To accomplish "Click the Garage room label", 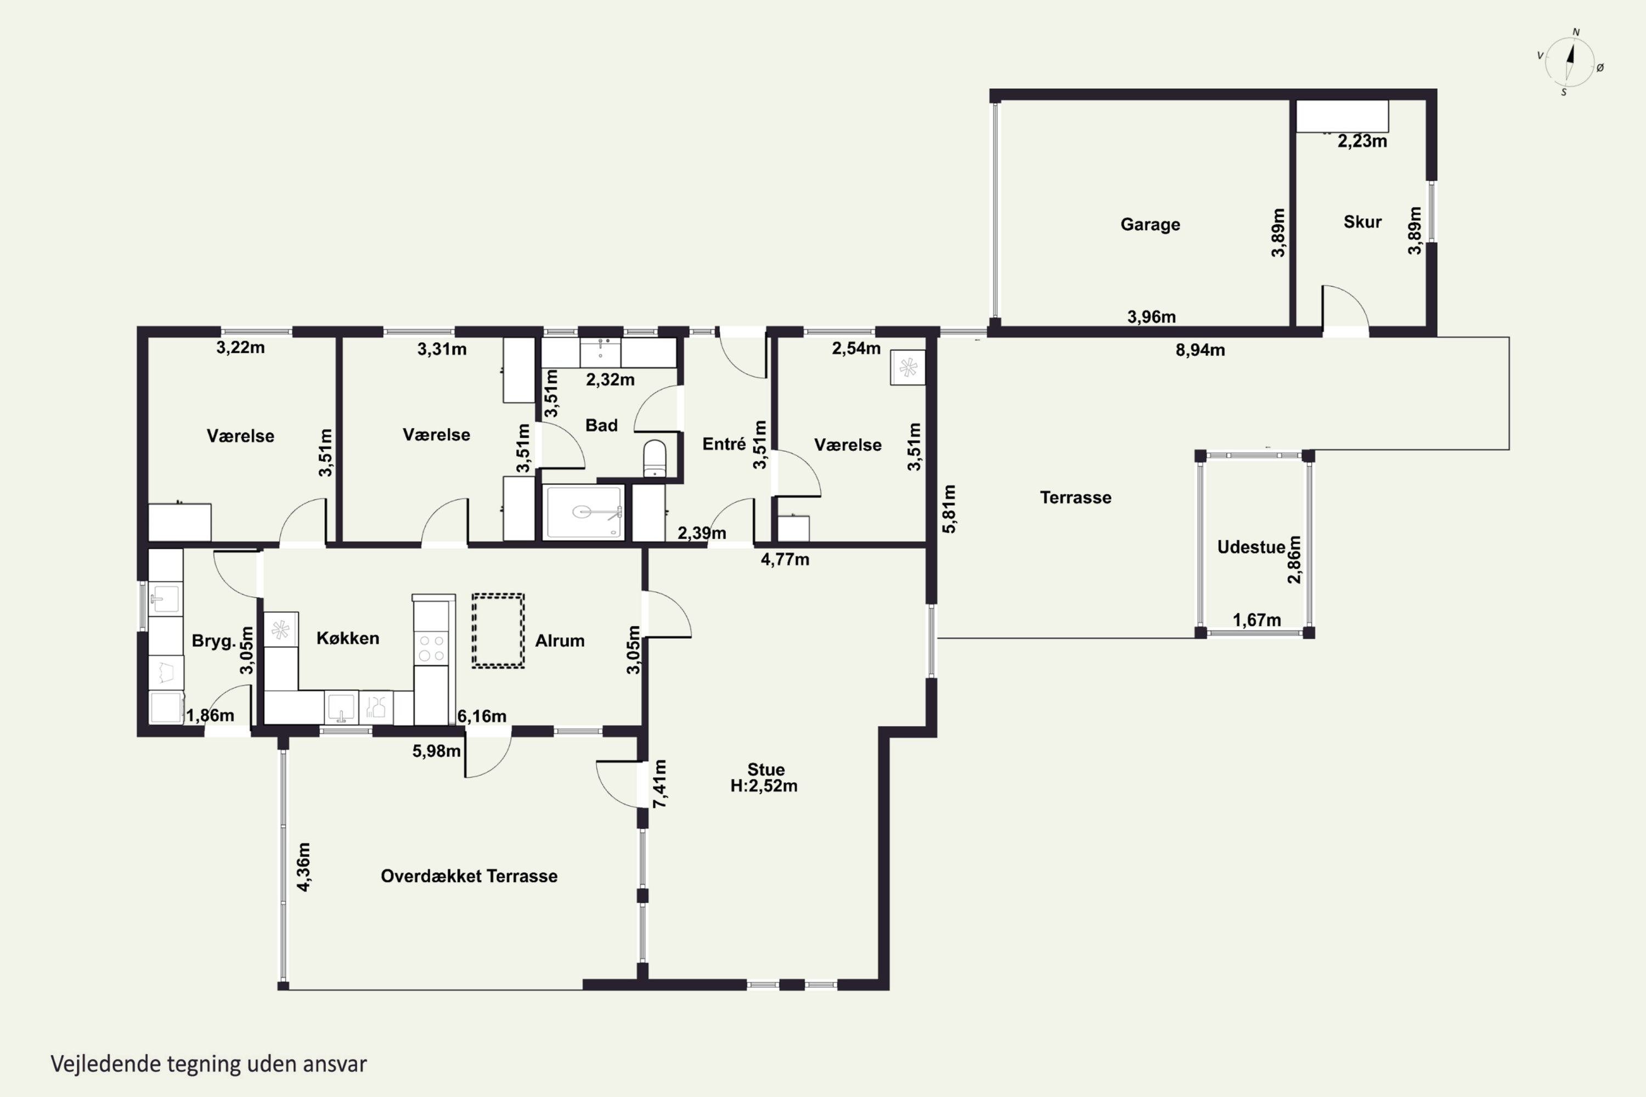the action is click(1150, 224).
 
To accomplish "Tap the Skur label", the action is click(1362, 222).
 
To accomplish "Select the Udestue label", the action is click(1250, 547).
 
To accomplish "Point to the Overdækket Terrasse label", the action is click(469, 876).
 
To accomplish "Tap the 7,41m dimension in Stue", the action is click(659, 784).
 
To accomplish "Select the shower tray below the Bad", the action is click(584, 513).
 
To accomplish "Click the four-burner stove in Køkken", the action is click(431, 647).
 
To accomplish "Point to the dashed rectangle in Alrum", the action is click(498, 631).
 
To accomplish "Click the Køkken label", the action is click(348, 638).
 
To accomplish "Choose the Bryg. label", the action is click(213, 641).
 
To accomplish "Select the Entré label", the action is click(724, 444).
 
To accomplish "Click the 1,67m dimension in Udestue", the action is click(1257, 620).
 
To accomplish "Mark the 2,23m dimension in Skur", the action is click(1362, 142).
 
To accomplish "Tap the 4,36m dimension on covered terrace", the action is click(304, 867).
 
